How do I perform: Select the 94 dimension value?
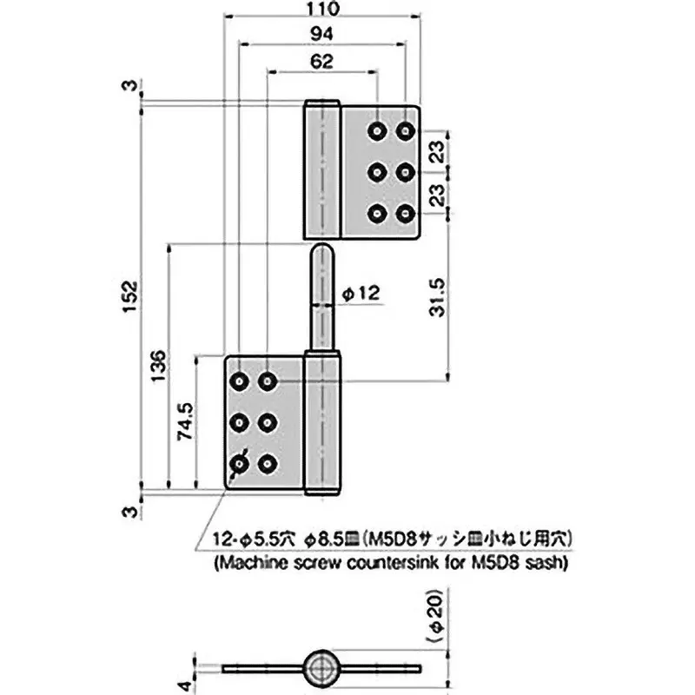click(321, 34)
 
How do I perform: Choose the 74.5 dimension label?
click(185, 422)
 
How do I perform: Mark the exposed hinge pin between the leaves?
click(321, 295)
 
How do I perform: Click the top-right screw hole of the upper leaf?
click(405, 130)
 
